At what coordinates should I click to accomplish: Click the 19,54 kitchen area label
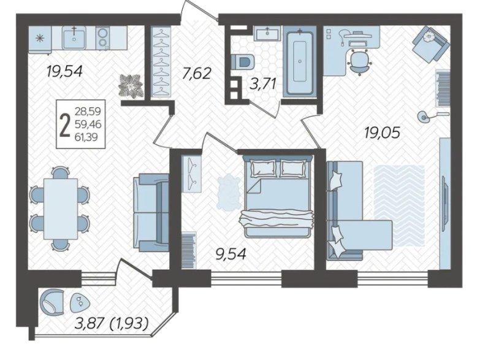coord(64,72)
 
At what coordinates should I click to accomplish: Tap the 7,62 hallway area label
coord(196,74)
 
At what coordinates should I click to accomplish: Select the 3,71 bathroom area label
coord(263,83)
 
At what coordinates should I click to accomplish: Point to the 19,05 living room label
coord(382,132)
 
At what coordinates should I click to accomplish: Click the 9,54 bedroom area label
coord(231,254)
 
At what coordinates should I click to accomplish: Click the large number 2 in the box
coord(65,124)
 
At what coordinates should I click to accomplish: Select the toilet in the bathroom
coord(242,62)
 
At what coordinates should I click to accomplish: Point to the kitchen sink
coord(74,38)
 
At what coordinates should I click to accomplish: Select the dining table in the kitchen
coord(61,209)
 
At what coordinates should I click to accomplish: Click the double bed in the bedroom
coord(278,197)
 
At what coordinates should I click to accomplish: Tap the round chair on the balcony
coord(52,302)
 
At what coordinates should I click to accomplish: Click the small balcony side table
coord(80,302)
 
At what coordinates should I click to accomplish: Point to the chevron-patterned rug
coord(399,207)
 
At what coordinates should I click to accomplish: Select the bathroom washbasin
coord(267,33)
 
